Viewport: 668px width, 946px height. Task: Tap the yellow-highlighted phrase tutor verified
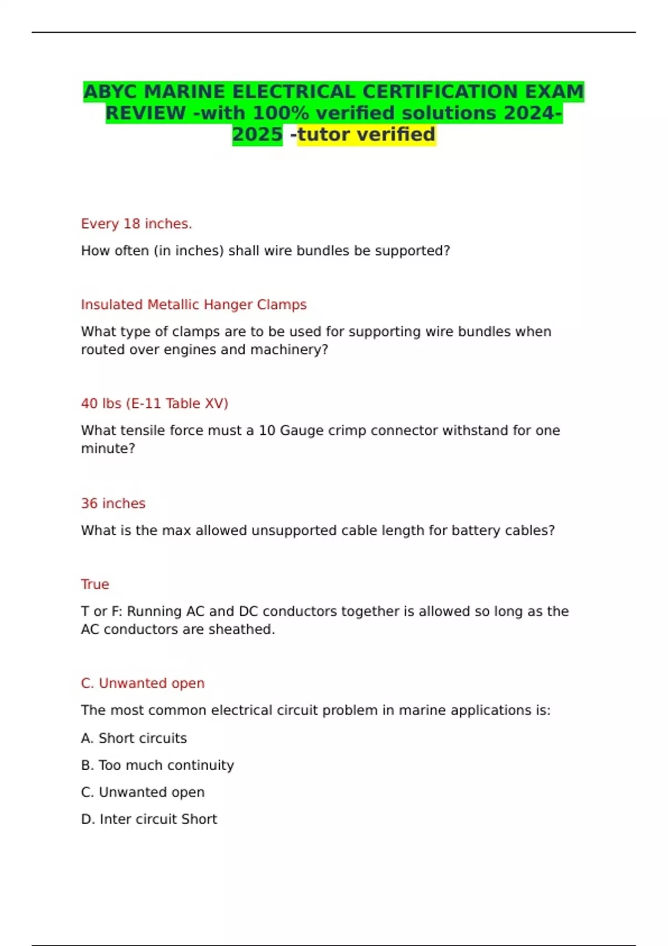pyautogui.click(x=366, y=134)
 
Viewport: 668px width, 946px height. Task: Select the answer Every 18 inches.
pyautogui.click(x=136, y=224)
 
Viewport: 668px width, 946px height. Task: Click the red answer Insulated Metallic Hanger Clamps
pyautogui.click(x=194, y=304)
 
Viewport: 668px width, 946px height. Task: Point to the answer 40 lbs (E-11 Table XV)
pyautogui.click(x=155, y=403)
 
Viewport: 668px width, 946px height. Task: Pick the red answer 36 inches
pyautogui.click(x=113, y=503)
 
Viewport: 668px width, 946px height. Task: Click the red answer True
pyautogui.click(x=95, y=584)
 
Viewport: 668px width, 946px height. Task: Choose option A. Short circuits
pyautogui.click(x=134, y=738)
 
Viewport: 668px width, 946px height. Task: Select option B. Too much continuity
pyautogui.click(x=157, y=765)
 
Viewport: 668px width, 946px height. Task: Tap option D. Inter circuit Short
pyautogui.click(x=149, y=819)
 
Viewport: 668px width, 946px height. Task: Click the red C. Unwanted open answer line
pyautogui.click(x=143, y=683)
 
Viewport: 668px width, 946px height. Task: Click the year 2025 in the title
pyautogui.click(x=257, y=134)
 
